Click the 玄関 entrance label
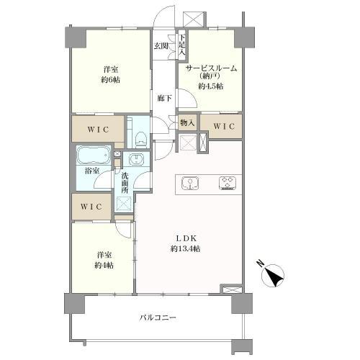click(160, 45)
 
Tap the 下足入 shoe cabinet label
click(182, 45)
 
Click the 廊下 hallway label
click(163, 98)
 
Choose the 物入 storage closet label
click(186, 123)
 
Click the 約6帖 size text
click(110, 80)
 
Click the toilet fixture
click(140, 137)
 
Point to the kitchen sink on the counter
click(191, 184)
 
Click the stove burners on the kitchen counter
click(228, 184)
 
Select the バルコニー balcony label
click(158, 317)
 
